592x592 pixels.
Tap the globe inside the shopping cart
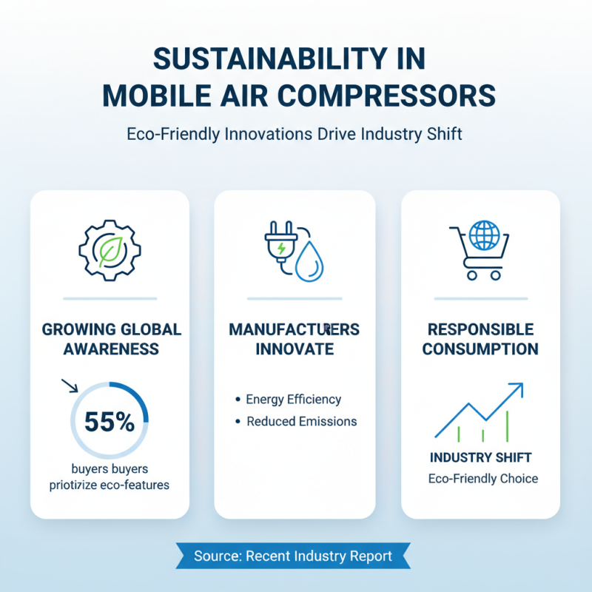[x=485, y=235]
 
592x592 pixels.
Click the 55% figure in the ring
[x=110, y=421]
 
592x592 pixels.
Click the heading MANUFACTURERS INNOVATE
[x=294, y=338]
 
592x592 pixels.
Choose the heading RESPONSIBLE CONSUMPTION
[x=480, y=338]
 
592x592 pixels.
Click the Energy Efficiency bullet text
[x=294, y=400]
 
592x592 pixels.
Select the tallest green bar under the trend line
[x=508, y=426]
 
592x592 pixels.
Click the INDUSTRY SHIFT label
[x=480, y=458]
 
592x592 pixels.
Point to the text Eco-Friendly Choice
[x=483, y=479]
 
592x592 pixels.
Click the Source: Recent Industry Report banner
[x=292, y=556]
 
